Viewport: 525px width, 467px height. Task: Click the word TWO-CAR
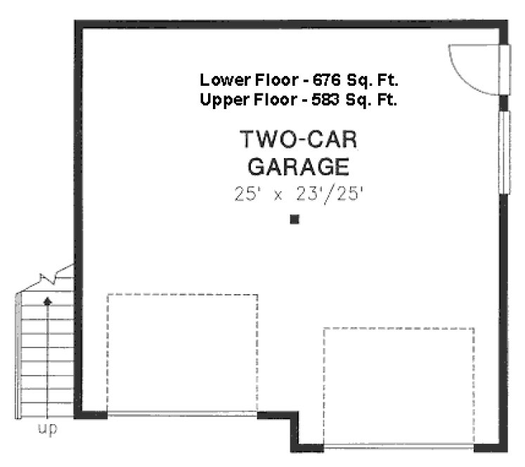point(299,139)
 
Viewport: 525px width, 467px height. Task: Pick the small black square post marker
point(294,219)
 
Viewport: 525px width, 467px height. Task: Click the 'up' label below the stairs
point(47,428)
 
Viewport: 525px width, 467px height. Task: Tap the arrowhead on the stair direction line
point(47,301)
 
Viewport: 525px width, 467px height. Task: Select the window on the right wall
point(503,152)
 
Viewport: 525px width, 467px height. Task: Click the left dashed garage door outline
point(182,352)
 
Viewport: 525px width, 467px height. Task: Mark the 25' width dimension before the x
point(247,193)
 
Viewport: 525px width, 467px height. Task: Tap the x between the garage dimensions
point(278,196)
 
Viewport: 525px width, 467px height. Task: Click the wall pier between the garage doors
point(290,426)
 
